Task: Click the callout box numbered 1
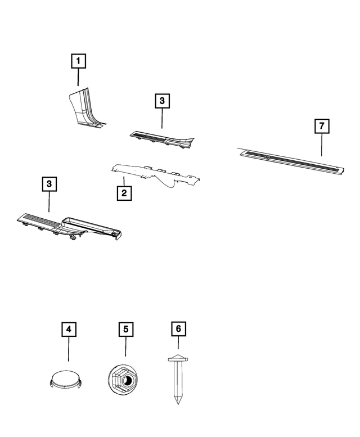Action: tap(78, 61)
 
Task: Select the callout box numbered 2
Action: tap(124, 193)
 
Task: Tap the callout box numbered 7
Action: tap(322, 126)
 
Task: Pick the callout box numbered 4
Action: tap(69, 329)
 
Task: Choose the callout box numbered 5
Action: tap(125, 329)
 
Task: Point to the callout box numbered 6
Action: tap(178, 328)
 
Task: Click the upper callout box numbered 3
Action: tap(162, 101)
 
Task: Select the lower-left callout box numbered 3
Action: tap(49, 184)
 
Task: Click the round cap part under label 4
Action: tap(66, 380)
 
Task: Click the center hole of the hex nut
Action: tap(128, 380)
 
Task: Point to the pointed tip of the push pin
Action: tap(178, 404)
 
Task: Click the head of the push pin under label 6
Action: tap(178, 358)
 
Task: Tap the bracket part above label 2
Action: tap(156, 175)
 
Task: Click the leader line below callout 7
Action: tap(322, 145)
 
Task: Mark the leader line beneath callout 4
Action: tap(69, 349)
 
